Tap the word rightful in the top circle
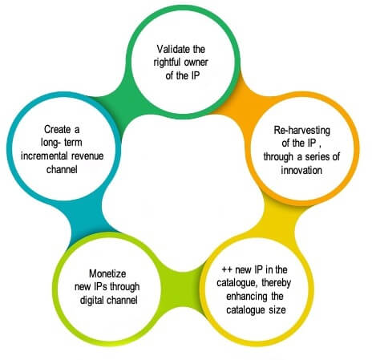[166, 63]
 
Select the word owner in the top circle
[196, 63]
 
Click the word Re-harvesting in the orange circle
[301, 131]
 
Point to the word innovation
[301, 170]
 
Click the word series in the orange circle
[317, 157]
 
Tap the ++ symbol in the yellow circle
[227, 269]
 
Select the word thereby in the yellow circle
[277, 283]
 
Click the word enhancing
[243, 297]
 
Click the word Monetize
[107, 273]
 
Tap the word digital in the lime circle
[91, 301]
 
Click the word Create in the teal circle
[58, 130]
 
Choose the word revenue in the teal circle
[87, 156]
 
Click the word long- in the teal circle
[50, 143]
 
